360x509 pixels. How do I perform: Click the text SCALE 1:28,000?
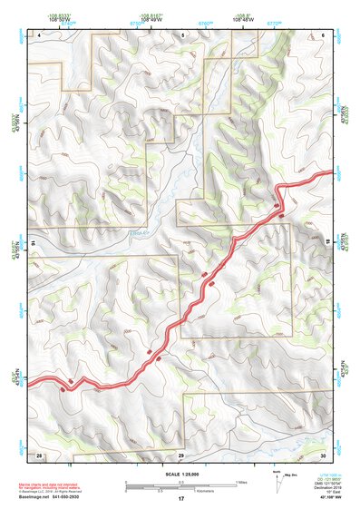180,475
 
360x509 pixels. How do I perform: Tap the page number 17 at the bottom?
180,499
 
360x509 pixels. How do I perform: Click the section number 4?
39,34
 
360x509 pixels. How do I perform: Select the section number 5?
181,34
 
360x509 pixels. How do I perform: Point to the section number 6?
322,34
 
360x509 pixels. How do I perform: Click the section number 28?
39,454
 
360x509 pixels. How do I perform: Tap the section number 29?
180,454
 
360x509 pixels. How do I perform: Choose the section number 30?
322,454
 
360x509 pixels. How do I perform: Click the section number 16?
32,243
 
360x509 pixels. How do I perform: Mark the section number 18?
328,243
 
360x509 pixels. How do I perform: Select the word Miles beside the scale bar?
240,482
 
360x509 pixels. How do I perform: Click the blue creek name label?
140,233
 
